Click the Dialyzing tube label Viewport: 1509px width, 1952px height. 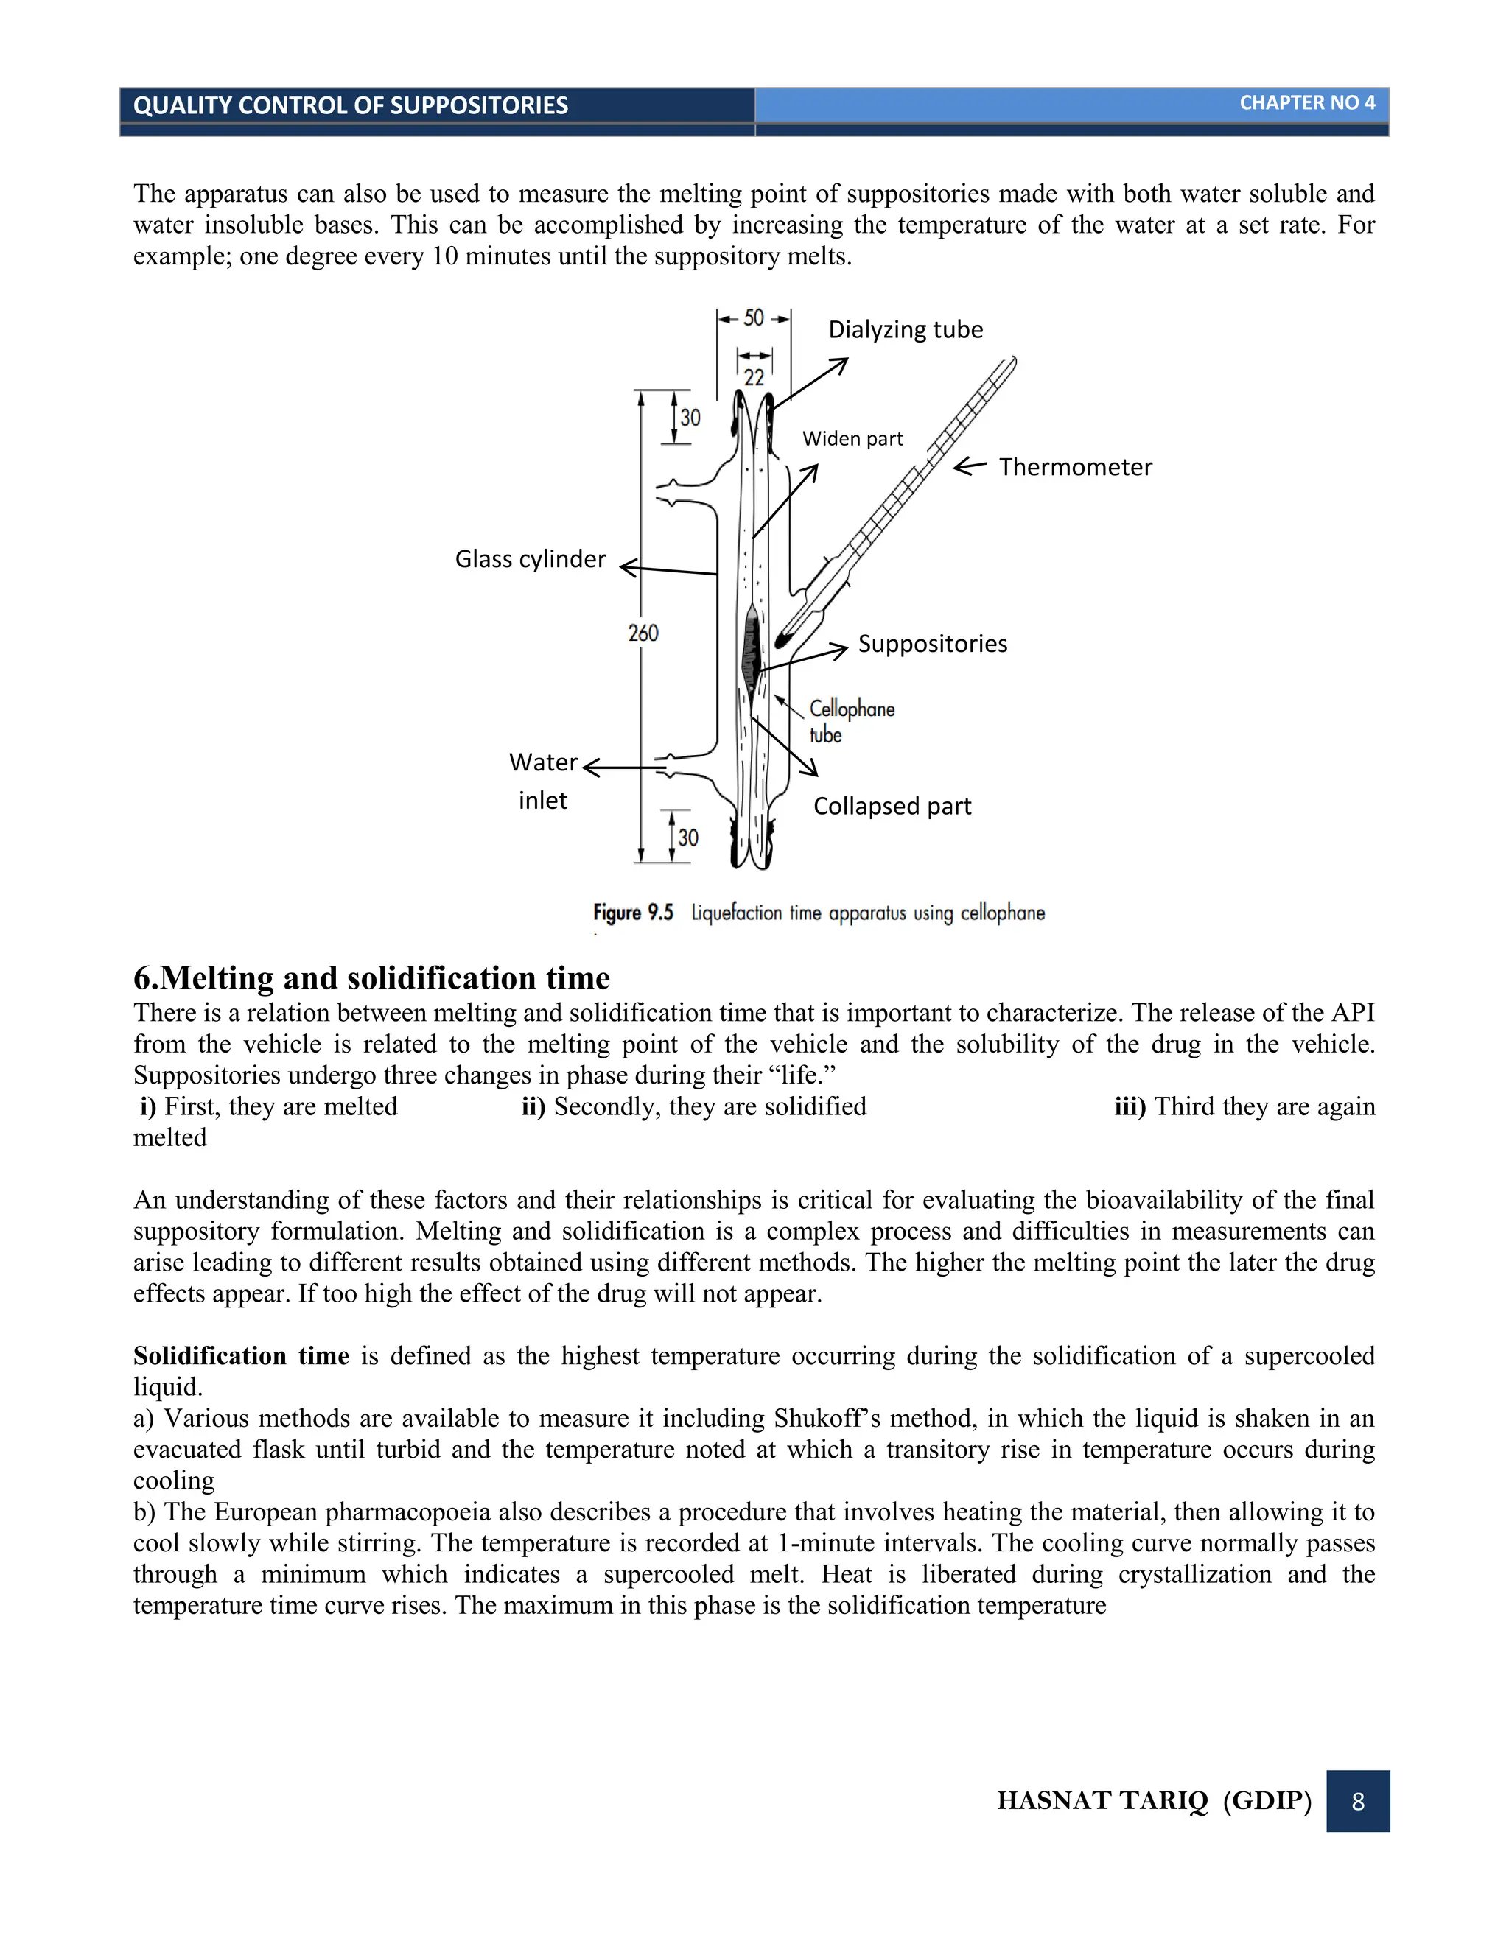coord(905,330)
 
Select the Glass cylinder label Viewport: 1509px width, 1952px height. coord(530,560)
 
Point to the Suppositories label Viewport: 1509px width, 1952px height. coord(932,645)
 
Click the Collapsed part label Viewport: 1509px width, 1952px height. coord(892,806)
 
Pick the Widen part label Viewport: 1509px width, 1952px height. coord(852,439)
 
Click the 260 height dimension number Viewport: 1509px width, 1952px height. coord(643,633)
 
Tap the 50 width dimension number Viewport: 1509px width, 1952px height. coord(754,318)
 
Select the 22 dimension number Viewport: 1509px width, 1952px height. coord(754,377)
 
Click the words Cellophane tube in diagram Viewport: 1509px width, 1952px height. coord(850,720)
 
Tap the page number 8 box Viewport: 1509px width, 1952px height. coord(1357,1801)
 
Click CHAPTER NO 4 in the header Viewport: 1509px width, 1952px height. coord(1306,104)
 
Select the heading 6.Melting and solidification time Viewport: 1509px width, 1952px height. coord(371,977)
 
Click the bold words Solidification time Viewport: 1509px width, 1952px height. coord(240,1356)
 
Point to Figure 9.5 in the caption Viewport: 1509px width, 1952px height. coord(632,913)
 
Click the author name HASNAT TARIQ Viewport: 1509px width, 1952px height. coord(1102,1801)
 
